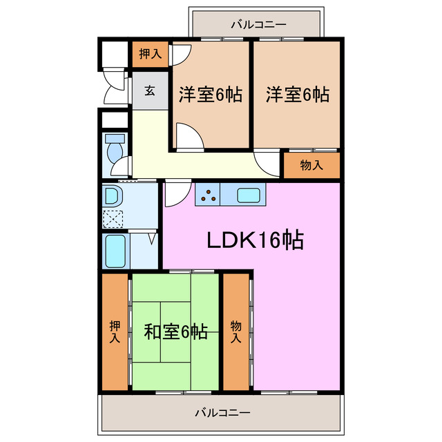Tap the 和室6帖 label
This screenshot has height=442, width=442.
coord(175,331)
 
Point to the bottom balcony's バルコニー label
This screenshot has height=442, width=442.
coord(222,413)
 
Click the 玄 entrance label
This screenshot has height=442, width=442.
coord(150,90)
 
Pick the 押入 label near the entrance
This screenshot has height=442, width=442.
coord(150,55)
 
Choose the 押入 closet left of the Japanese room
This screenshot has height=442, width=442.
coord(115,331)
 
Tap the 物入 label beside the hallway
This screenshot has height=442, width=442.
coord(311,165)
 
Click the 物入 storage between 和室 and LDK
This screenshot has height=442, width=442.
coord(236,331)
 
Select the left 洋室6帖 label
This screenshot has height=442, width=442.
coord(211,95)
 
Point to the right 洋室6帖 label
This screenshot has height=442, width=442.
coord(297,95)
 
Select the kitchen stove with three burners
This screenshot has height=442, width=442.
coord(209,195)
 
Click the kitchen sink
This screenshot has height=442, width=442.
coord(249,195)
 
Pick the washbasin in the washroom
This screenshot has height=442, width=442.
coord(112,196)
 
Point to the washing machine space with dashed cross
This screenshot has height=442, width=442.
coord(112,220)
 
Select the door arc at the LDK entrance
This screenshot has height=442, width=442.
coord(174,193)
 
